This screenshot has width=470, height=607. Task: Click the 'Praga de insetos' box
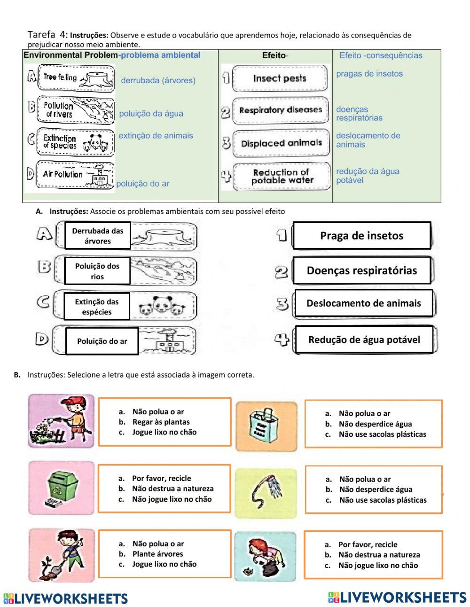coord(361,236)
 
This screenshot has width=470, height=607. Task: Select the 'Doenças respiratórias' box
coord(361,270)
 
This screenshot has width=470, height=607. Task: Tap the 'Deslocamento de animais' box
coord(363,303)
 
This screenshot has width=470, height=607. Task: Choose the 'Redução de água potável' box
coord(364,339)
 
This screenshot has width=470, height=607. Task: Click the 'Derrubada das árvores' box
coord(98,236)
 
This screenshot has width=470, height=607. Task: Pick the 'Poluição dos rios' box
coord(97,271)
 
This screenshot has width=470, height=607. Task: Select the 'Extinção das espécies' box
coord(96,307)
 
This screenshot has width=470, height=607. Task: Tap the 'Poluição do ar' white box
coord(102,341)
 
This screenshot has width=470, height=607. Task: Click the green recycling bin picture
coord(62,487)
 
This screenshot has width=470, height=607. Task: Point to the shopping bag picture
coord(266,426)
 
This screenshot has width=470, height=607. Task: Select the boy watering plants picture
coord(61,420)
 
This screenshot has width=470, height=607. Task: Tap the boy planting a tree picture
coord(61,554)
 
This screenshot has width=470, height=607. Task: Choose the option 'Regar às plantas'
coord(161,422)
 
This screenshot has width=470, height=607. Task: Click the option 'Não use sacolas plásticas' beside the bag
coord(382,434)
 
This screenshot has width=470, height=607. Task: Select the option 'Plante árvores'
coord(157,554)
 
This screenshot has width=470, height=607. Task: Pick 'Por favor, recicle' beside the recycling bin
coord(161,478)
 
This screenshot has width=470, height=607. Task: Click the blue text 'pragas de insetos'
coord(369,74)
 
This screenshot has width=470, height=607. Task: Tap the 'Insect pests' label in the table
coord(280,79)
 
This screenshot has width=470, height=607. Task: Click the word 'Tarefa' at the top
coord(41,34)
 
